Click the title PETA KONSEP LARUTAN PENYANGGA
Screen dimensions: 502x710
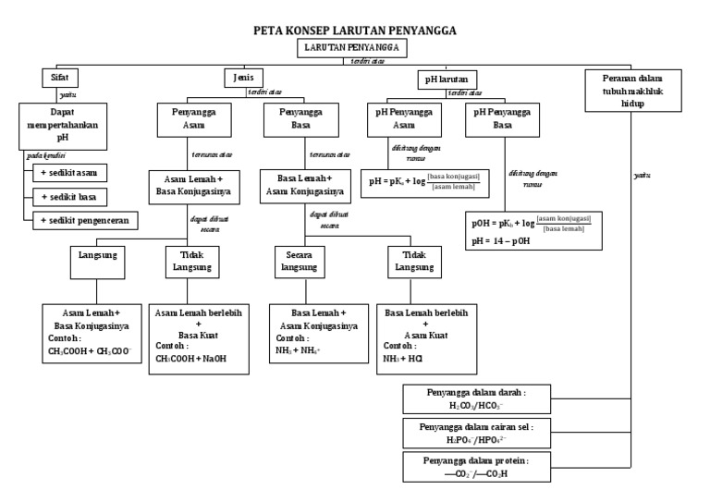point(355,31)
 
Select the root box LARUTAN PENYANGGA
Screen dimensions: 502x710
point(354,48)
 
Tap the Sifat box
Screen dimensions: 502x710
point(57,79)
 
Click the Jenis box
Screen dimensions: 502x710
point(244,79)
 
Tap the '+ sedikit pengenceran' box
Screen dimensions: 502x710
point(85,219)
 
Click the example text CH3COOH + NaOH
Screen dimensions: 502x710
point(190,359)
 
